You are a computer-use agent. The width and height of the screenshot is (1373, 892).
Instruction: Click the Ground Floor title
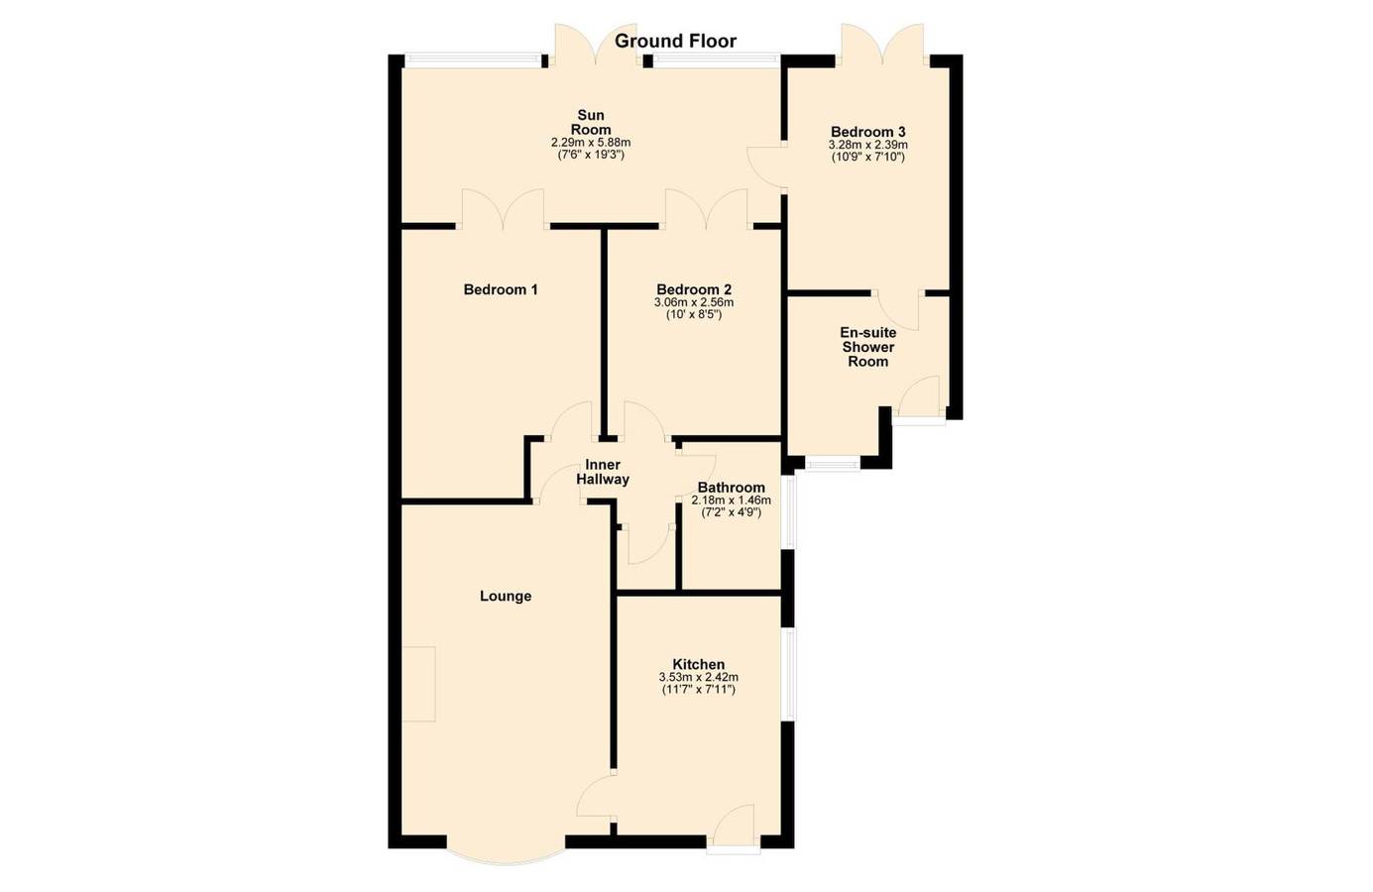675,41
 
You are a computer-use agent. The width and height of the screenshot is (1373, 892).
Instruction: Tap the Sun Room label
591,123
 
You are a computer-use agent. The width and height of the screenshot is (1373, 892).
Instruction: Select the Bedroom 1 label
501,289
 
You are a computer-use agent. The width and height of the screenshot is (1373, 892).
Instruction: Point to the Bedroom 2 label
694,289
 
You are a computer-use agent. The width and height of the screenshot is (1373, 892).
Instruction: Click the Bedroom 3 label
868,132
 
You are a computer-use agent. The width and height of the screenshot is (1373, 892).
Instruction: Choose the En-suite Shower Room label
868,347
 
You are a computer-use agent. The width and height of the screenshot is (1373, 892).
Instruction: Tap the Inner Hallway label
603,472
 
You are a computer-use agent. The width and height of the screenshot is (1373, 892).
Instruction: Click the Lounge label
506,596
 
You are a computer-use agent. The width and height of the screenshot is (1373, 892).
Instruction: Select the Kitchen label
699,664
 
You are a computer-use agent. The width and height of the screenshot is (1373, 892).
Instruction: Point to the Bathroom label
732,488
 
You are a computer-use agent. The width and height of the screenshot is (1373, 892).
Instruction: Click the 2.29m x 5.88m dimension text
591,143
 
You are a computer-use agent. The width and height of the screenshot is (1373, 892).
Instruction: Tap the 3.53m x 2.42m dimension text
699,678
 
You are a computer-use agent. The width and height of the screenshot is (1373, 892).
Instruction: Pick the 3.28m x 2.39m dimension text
868,145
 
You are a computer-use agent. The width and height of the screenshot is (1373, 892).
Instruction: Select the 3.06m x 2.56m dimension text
694,302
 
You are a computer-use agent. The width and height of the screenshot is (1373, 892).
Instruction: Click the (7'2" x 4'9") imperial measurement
732,512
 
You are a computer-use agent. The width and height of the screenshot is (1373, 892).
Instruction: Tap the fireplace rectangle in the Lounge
418,684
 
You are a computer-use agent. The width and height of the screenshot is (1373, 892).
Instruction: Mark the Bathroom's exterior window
790,512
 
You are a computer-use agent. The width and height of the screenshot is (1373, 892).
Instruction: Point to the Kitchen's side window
790,675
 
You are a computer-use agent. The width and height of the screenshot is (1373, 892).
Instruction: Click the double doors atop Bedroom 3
882,46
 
